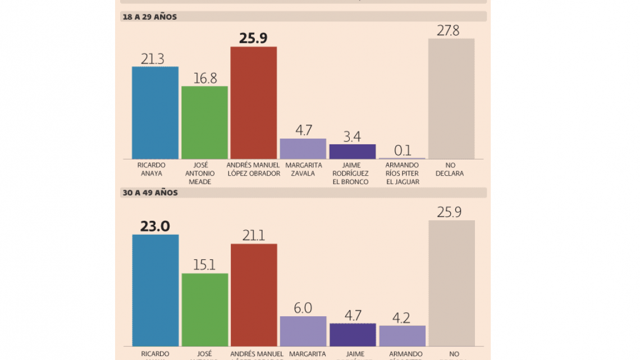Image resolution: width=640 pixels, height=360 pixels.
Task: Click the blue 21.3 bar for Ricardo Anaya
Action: pyautogui.click(x=155, y=112)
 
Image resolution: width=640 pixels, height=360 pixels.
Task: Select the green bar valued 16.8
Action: pyautogui.click(x=204, y=122)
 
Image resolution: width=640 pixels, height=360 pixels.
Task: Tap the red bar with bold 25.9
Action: pyautogui.click(x=254, y=103)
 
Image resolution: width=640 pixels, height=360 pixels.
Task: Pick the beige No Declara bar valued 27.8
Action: pyautogui.click(x=451, y=99)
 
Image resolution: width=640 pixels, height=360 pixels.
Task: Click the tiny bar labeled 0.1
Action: pyautogui.click(x=402, y=158)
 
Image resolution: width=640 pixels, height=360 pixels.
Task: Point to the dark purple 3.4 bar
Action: pyautogui.click(x=353, y=152)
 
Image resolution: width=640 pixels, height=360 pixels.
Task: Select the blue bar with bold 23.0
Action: pyautogui.click(x=155, y=290)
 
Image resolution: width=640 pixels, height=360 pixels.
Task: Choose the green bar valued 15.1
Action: pyautogui.click(x=204, y=309)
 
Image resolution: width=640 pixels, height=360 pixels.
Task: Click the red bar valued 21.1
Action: pyautogui.click(x=254, y=295)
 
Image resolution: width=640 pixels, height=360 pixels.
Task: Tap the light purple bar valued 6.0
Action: pyautogui.click(x=303, y=331)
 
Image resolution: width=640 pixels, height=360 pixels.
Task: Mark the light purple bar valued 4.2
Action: pyautogui.click(x=402, y=336)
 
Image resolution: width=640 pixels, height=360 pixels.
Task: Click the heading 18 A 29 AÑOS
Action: pyautogui.click(x=150, y=17)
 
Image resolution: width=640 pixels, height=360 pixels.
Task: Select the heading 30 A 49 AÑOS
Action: pyautogui.click(x=150, y=193)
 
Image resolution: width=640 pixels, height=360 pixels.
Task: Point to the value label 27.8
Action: pyautogui.click(x=448, y=30)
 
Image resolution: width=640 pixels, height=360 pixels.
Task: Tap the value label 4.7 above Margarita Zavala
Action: pyautogui.click(x=303, y=130)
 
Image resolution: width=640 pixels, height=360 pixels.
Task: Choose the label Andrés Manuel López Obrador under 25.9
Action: pyautogui.click(x=254, y=170)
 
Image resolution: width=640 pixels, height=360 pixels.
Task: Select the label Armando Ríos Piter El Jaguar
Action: pyautogui.click(x=402, y=174)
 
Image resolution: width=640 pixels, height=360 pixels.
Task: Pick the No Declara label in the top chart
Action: pyautogui.click(x=450, y=170)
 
